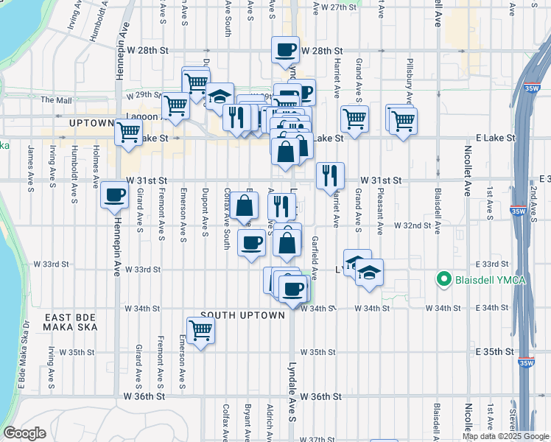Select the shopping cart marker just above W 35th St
pyautogui.click(x=200, y=331)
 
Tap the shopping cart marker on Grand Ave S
pyautogui.click(x=354, y=119)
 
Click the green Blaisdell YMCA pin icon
pyautogui.click(x=443, y=279)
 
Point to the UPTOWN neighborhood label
pyautogui.click(x=91, y=123)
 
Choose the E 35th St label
pyautogui.click(x=494, y=352)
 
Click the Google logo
pyautogui.click(x=24, y=433)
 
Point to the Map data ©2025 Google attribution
pyautogui.click(x=505, y=436)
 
